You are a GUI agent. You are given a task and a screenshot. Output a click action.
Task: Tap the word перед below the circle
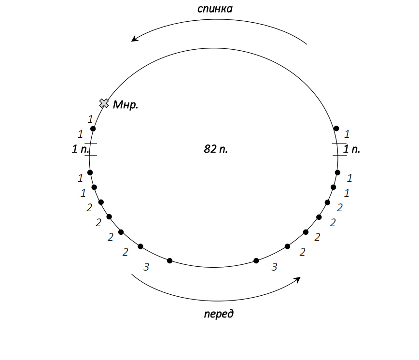tap(218, 314)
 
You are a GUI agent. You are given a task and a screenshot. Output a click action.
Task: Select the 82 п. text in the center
tap(216, 149)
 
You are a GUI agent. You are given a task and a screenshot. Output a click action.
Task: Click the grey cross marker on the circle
tap(104, 103)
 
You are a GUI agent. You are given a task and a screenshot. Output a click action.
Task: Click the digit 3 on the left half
tap(147, 267)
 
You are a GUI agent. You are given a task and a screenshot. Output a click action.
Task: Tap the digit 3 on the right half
tap(274, 267)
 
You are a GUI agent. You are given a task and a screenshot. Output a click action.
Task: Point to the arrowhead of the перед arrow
tap(298, 279)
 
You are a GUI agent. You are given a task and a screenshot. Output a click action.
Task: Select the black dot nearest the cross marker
tap(93, 129)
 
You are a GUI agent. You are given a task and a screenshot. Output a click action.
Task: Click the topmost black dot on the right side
tap(336, 129)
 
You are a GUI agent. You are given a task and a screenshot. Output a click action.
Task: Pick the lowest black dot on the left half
tap(169, 261)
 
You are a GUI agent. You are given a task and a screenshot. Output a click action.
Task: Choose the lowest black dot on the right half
tap(256, 261)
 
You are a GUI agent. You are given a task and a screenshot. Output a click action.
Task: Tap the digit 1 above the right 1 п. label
tap(347, 134)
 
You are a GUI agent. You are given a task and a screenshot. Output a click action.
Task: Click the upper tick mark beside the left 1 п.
tap(91, 144)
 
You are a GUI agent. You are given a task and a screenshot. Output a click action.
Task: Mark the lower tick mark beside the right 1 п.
tap(339, 155)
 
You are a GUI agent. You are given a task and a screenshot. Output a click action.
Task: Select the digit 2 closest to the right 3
tap(303, 252)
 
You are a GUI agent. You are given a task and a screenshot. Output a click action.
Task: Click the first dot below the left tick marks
tap(90, 173)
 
